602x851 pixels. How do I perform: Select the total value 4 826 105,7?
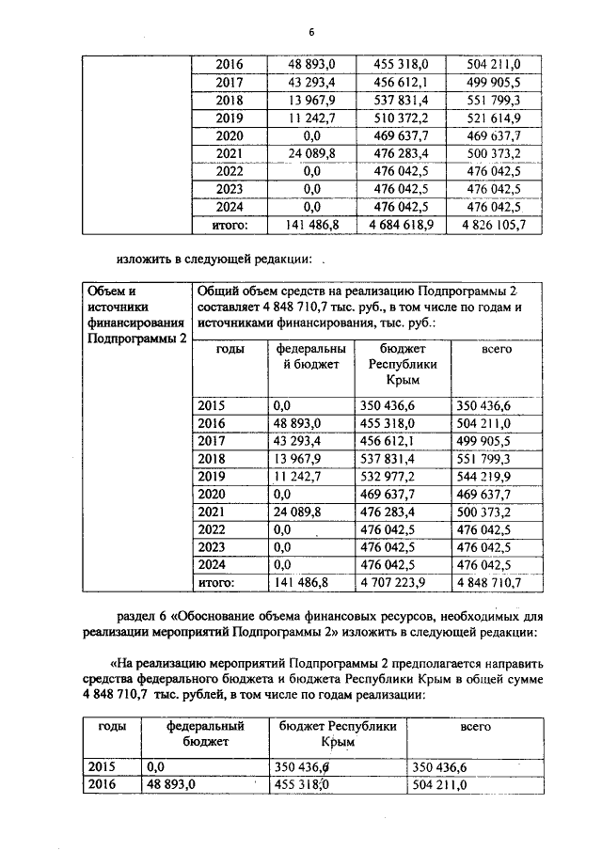click(x=495, y=226)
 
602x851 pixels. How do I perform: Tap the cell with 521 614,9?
click(x=495, y=118)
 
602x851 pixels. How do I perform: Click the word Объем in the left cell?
click(x=104, y=291)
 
